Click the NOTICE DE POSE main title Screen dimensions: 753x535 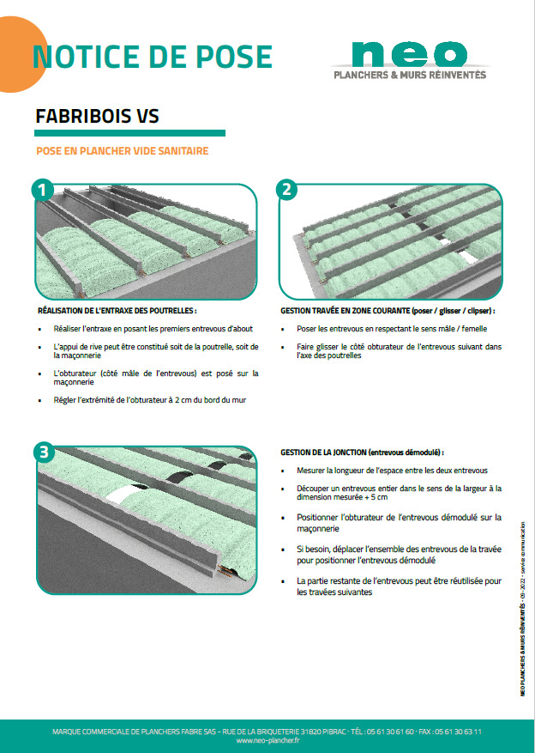coord(152,57)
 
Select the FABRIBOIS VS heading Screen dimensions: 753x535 coord(97,116)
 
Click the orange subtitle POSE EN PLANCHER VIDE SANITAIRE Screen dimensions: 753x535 coord(122,150)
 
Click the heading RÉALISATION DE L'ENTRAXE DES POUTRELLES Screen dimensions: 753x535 coord(117,311)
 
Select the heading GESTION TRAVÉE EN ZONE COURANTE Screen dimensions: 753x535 coord(388,311)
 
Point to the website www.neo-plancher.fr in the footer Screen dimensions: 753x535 coord(267,740)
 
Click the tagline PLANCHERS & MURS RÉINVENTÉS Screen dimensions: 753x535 coord(410,76)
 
